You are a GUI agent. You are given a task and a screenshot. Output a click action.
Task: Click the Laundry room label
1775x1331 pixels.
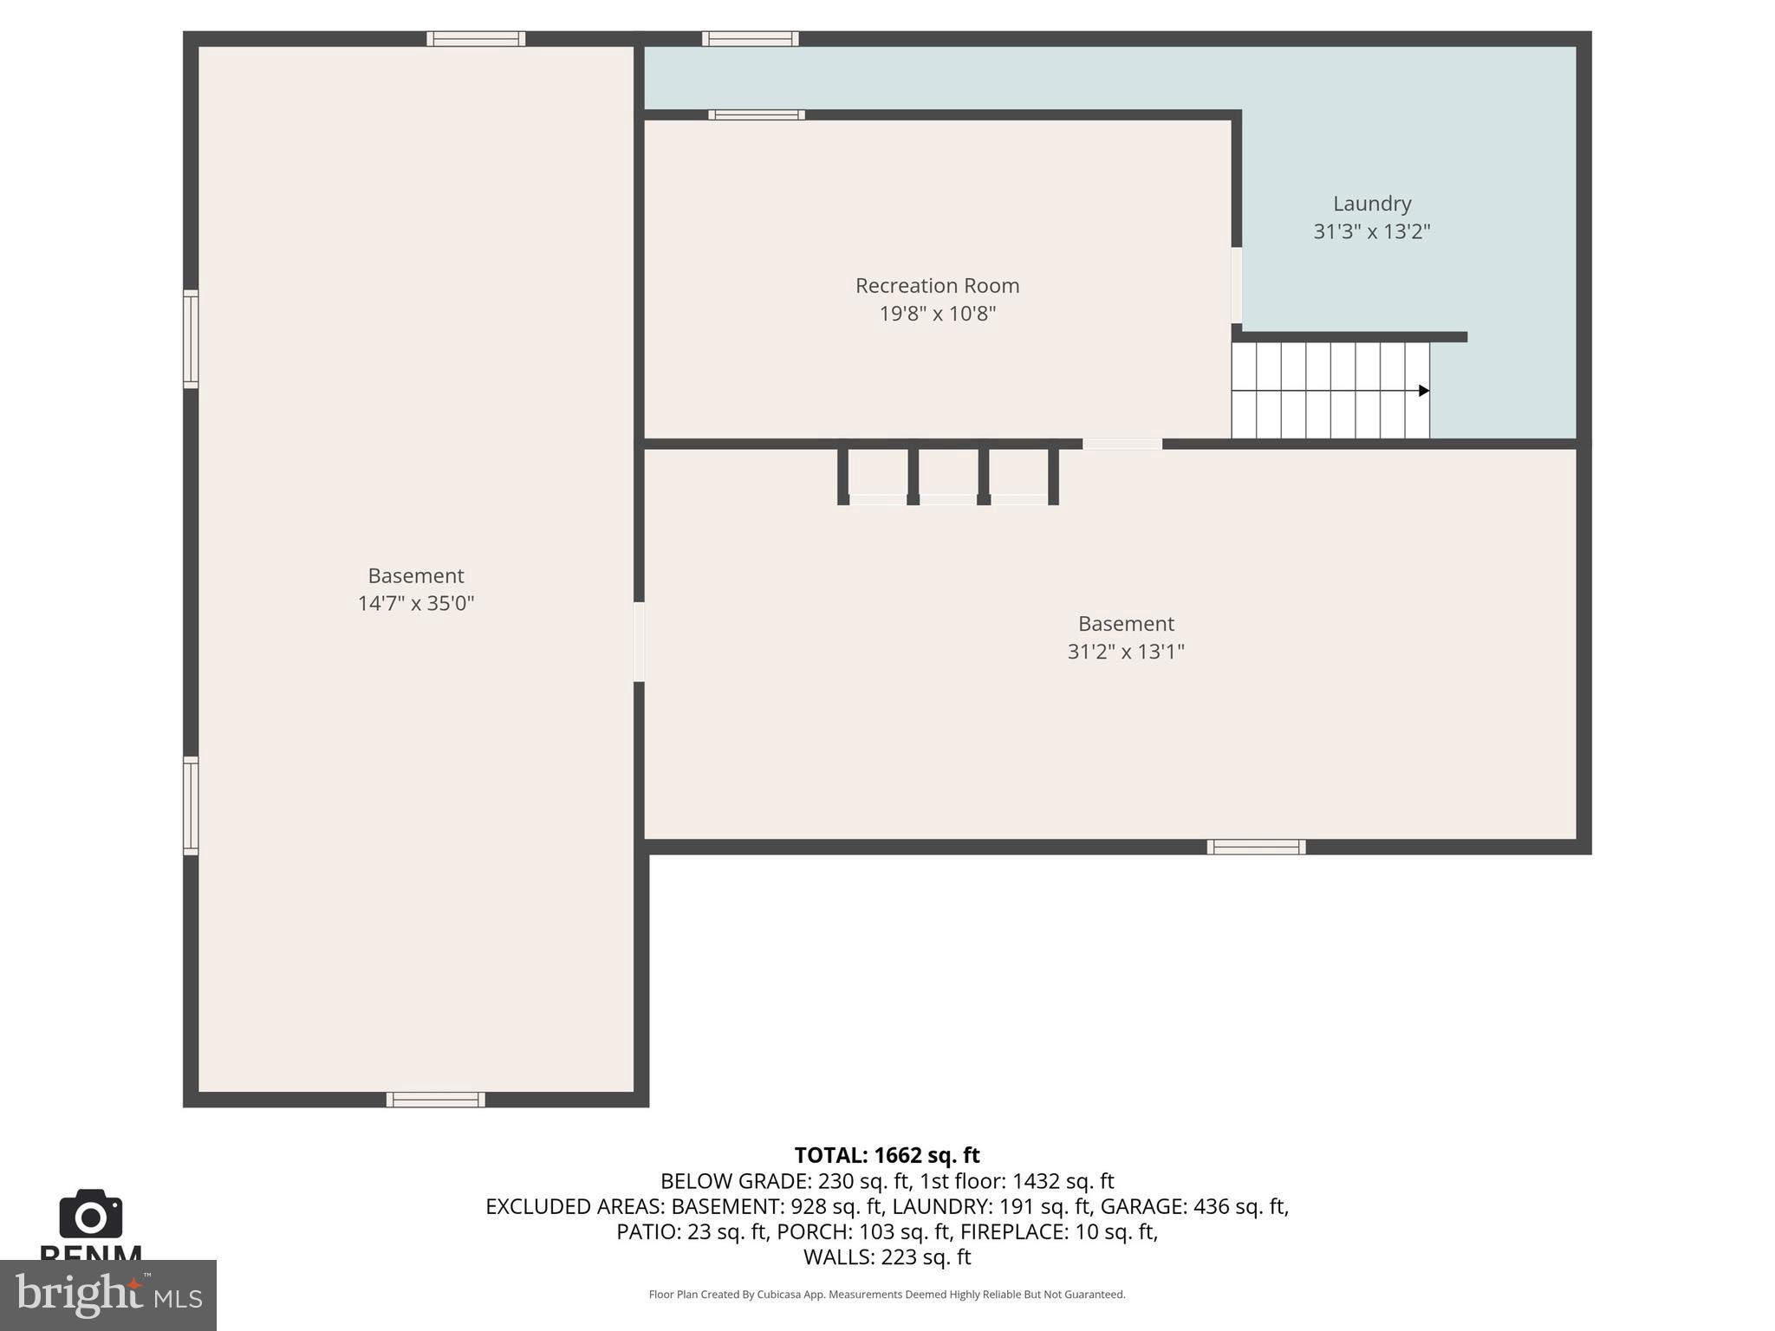[1371, 204]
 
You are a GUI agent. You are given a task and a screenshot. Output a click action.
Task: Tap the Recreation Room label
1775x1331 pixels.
[937, 285]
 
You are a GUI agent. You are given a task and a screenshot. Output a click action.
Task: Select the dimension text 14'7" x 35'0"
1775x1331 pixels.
[416, 603]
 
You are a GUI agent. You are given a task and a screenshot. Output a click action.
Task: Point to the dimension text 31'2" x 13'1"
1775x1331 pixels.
[1125, 652]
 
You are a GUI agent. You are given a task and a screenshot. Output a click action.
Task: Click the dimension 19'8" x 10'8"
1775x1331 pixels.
[937, 314]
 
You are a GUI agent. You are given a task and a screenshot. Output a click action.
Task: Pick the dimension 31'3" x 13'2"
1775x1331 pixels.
[1371, 231]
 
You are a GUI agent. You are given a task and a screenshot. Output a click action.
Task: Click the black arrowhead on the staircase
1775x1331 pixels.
[1423, 391]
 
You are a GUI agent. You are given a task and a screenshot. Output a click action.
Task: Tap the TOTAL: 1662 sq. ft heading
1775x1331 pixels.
[887, 1155]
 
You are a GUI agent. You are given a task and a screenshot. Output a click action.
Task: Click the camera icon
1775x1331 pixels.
[90, 1214]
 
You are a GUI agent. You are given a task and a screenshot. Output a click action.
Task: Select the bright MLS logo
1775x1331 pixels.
[107, 1295]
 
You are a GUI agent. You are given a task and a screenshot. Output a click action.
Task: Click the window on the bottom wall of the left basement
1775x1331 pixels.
[435, 1100]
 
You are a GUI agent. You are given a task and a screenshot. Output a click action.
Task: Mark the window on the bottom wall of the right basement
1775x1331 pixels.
[1256, 847]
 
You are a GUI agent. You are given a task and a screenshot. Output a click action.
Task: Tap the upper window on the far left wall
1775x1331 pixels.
[191, 339]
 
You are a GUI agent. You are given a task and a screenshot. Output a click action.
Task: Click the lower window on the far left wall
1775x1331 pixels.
[191, 806]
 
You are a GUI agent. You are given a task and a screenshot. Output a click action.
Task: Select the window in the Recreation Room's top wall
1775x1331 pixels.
[757, 114]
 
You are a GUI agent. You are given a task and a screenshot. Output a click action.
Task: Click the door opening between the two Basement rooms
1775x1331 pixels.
[639, 641]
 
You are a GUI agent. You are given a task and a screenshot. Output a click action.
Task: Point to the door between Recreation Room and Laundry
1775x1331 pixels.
[1236, 285]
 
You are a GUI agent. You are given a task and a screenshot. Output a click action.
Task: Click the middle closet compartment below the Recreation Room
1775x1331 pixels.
[947, 476]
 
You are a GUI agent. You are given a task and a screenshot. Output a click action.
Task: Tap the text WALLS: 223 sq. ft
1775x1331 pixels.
[887, 1256]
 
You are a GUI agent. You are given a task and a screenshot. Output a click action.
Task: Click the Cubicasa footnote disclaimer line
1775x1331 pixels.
[887, 1295]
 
